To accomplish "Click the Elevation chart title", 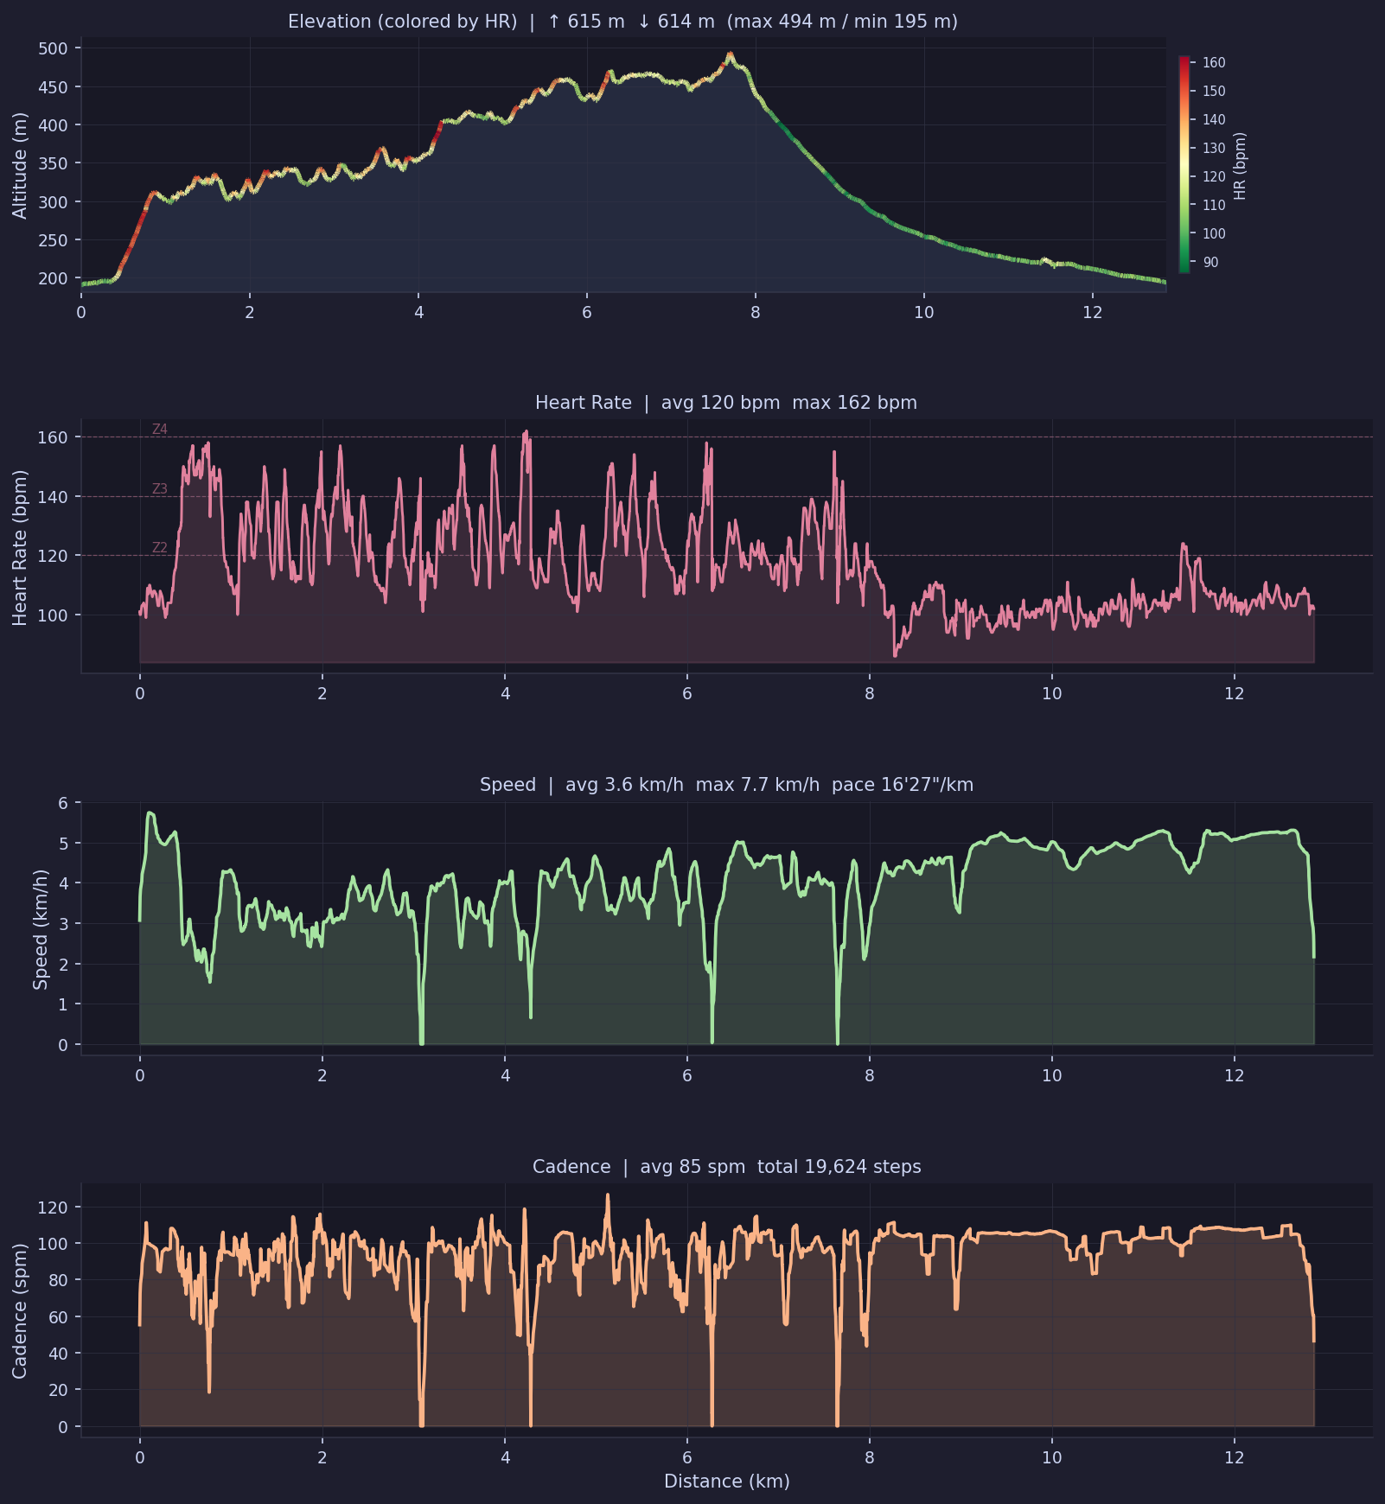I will [622, 22].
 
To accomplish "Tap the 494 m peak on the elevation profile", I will [730, 54].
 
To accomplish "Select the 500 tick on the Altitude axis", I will [53, 48].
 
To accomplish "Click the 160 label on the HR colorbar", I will [1214, 62].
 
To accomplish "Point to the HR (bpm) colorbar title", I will [1240, 166].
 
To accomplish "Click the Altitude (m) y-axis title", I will [19, 165].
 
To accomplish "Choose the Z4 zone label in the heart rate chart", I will [160, 430].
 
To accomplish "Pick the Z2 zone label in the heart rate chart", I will [160, 548].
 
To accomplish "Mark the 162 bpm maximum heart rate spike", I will [526, 432].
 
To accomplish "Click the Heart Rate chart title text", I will [725, 403].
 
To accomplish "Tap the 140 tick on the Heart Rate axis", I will [53, 496].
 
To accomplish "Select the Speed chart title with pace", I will [726, 785].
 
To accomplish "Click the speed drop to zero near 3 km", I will [422, 1042].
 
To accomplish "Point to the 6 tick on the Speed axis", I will [63, 803].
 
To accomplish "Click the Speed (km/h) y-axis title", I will [40, 929].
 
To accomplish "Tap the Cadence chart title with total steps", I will [726, 1167].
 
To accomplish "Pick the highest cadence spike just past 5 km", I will [607, 1196].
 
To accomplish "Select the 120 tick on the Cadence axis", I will [53, 1207].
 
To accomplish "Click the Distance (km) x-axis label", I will [726, 1482].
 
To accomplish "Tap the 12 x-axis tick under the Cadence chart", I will [1234, 1458].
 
